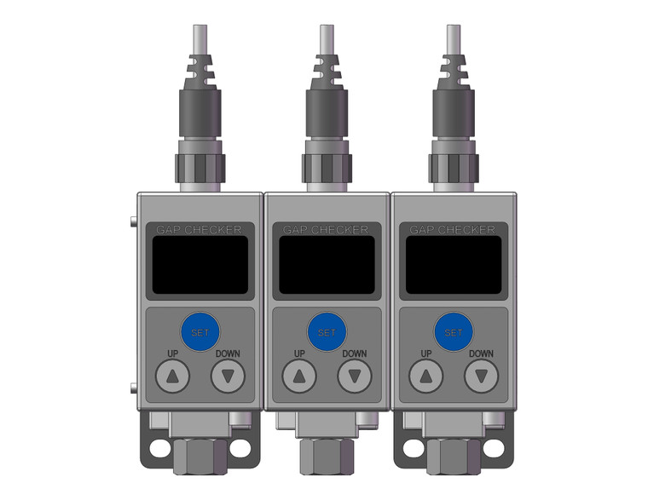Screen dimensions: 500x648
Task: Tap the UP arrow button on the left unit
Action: [173, 376]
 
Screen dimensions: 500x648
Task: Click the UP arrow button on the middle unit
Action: [299, 376]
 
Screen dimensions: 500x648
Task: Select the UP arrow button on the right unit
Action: [425, 376]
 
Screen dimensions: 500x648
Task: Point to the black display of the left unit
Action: [200, 264]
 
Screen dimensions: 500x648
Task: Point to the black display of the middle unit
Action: [327, 264]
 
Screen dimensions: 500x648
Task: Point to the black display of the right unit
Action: [453, 264]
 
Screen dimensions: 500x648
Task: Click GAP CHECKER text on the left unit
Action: [199, 230]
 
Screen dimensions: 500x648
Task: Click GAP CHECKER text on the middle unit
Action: [326, 230]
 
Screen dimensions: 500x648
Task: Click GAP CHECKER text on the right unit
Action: [453, 230]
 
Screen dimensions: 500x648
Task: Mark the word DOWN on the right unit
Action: [481, 353]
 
